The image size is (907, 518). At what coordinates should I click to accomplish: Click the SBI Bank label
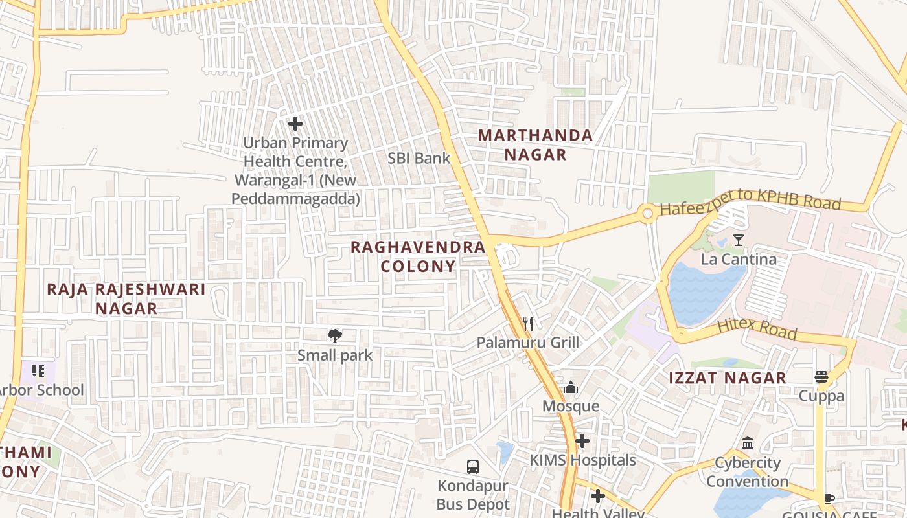click(419, 158)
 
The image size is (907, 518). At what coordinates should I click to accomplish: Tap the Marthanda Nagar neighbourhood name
click(535, 145)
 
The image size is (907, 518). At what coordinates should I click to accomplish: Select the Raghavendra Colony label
click(418, 256)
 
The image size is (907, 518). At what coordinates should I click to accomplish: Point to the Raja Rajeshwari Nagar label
click(126, 298)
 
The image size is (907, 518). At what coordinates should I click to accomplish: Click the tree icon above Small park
click(335, 335)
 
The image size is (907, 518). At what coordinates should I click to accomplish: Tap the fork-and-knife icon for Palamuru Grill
click(528, 323)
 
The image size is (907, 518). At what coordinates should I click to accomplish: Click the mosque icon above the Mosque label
click(571, 387)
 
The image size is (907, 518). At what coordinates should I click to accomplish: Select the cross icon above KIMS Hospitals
click(582, 441)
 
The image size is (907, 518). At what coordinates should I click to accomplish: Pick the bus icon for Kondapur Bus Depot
click(473, 466)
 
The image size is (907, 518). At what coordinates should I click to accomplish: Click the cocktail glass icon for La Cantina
click(738, 240)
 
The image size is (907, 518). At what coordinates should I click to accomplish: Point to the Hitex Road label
click(756, 328)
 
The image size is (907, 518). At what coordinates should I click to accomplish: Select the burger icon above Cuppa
click(821, 377)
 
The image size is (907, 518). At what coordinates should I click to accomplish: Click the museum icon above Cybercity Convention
click(748, 444)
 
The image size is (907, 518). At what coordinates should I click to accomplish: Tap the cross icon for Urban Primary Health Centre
click(295, 123)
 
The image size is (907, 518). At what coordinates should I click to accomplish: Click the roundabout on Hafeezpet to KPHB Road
click(647, 213)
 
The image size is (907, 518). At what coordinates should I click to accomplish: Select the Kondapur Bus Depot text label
click(473, 495)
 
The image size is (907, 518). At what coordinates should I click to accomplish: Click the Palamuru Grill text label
click(528, 343)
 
